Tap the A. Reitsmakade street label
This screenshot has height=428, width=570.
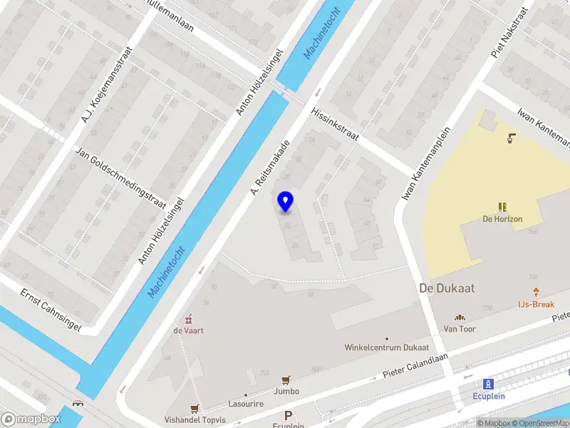coord(269,165)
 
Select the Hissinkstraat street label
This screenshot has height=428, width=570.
coord(334,124)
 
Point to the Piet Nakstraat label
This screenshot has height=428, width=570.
coord(510,32)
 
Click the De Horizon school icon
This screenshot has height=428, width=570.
coord(503,207)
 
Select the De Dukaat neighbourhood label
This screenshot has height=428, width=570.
coord(447,287)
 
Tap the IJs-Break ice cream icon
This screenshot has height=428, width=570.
coord(536,291)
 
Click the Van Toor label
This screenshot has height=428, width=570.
coord(460,329)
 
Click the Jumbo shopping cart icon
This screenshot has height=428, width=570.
coord(286,379)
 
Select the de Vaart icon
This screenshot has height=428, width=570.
coord(188,318)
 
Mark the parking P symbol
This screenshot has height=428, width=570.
coord(289,415)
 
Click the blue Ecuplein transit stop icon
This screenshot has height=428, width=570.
coord(488,383)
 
